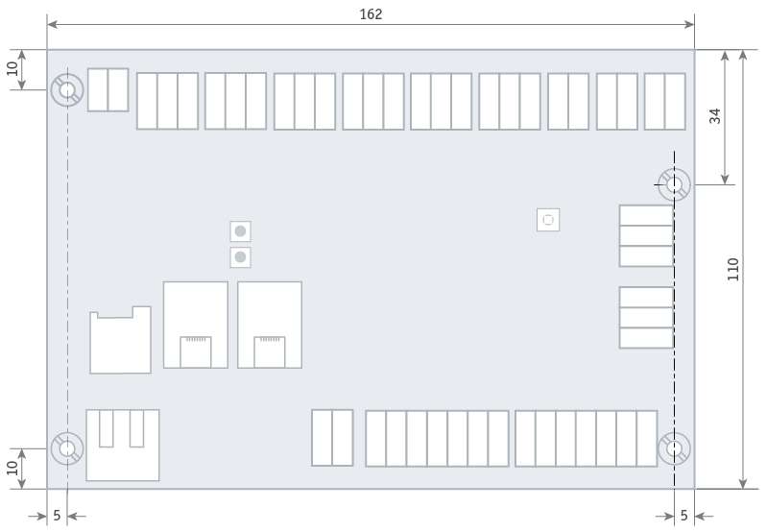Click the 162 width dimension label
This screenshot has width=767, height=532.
pos(371,14)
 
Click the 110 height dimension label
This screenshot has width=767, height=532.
pos(732,269)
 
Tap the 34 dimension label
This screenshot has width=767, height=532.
pos(714,116)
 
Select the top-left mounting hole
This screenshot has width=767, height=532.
pos(67,90)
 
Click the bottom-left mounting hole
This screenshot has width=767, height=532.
pos(67,448)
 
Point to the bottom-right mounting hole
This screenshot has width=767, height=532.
pos(674,448)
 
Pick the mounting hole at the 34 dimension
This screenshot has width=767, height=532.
pos(674,184)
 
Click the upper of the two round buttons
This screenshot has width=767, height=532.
pos(240,231)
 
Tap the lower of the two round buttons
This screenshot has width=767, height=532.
pos(240,257)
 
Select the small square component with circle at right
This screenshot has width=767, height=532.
pos(548,220)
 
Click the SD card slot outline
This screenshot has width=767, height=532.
pos(120,340)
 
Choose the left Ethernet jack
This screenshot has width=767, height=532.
pos(196,325)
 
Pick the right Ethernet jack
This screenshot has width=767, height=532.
pos(270,325)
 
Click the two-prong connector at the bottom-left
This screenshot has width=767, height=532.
pos(123,445)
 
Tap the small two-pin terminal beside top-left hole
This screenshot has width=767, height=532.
pos(108,90)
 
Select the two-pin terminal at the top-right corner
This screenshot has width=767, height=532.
pos(665,101)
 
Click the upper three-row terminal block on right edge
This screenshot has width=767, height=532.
pos(646,236)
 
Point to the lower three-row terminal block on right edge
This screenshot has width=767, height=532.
pos(646,318)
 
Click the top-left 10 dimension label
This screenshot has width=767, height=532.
pos(12,68)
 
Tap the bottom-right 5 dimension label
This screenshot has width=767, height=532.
pos(683,516)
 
